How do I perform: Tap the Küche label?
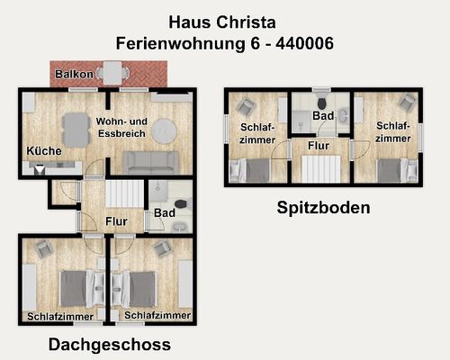[44, 150]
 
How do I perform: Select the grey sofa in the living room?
[151, 162]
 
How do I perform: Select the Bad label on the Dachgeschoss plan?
[165, 213]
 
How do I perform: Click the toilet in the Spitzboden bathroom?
[321, 100]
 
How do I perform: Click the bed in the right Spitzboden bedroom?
[392, 170]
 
